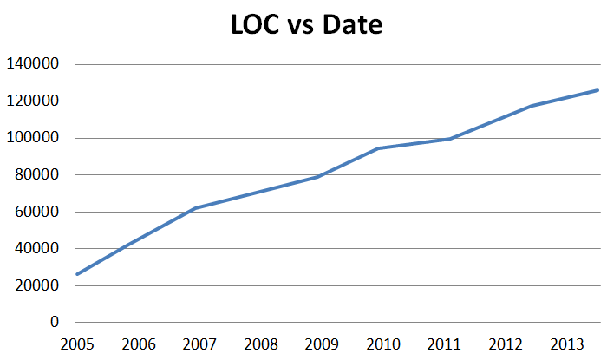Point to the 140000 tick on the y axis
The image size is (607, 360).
coord(32,64)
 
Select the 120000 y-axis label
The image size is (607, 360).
coord(32,101)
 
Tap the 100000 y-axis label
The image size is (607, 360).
coord(32,138)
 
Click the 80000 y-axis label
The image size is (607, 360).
coord(36,174)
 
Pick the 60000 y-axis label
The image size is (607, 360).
coord(36,212)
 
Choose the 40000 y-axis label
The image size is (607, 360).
coord(36,248)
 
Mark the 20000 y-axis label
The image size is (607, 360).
coord(36,285)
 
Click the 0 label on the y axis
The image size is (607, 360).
coord(55,322)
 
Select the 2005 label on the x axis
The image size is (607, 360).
coord(76,344)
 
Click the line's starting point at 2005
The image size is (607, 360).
coord(76,274)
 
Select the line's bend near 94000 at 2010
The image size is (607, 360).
coord(377,148)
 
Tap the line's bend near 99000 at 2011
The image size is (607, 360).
coord(448,139)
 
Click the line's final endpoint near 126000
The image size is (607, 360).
coord(598,90)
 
